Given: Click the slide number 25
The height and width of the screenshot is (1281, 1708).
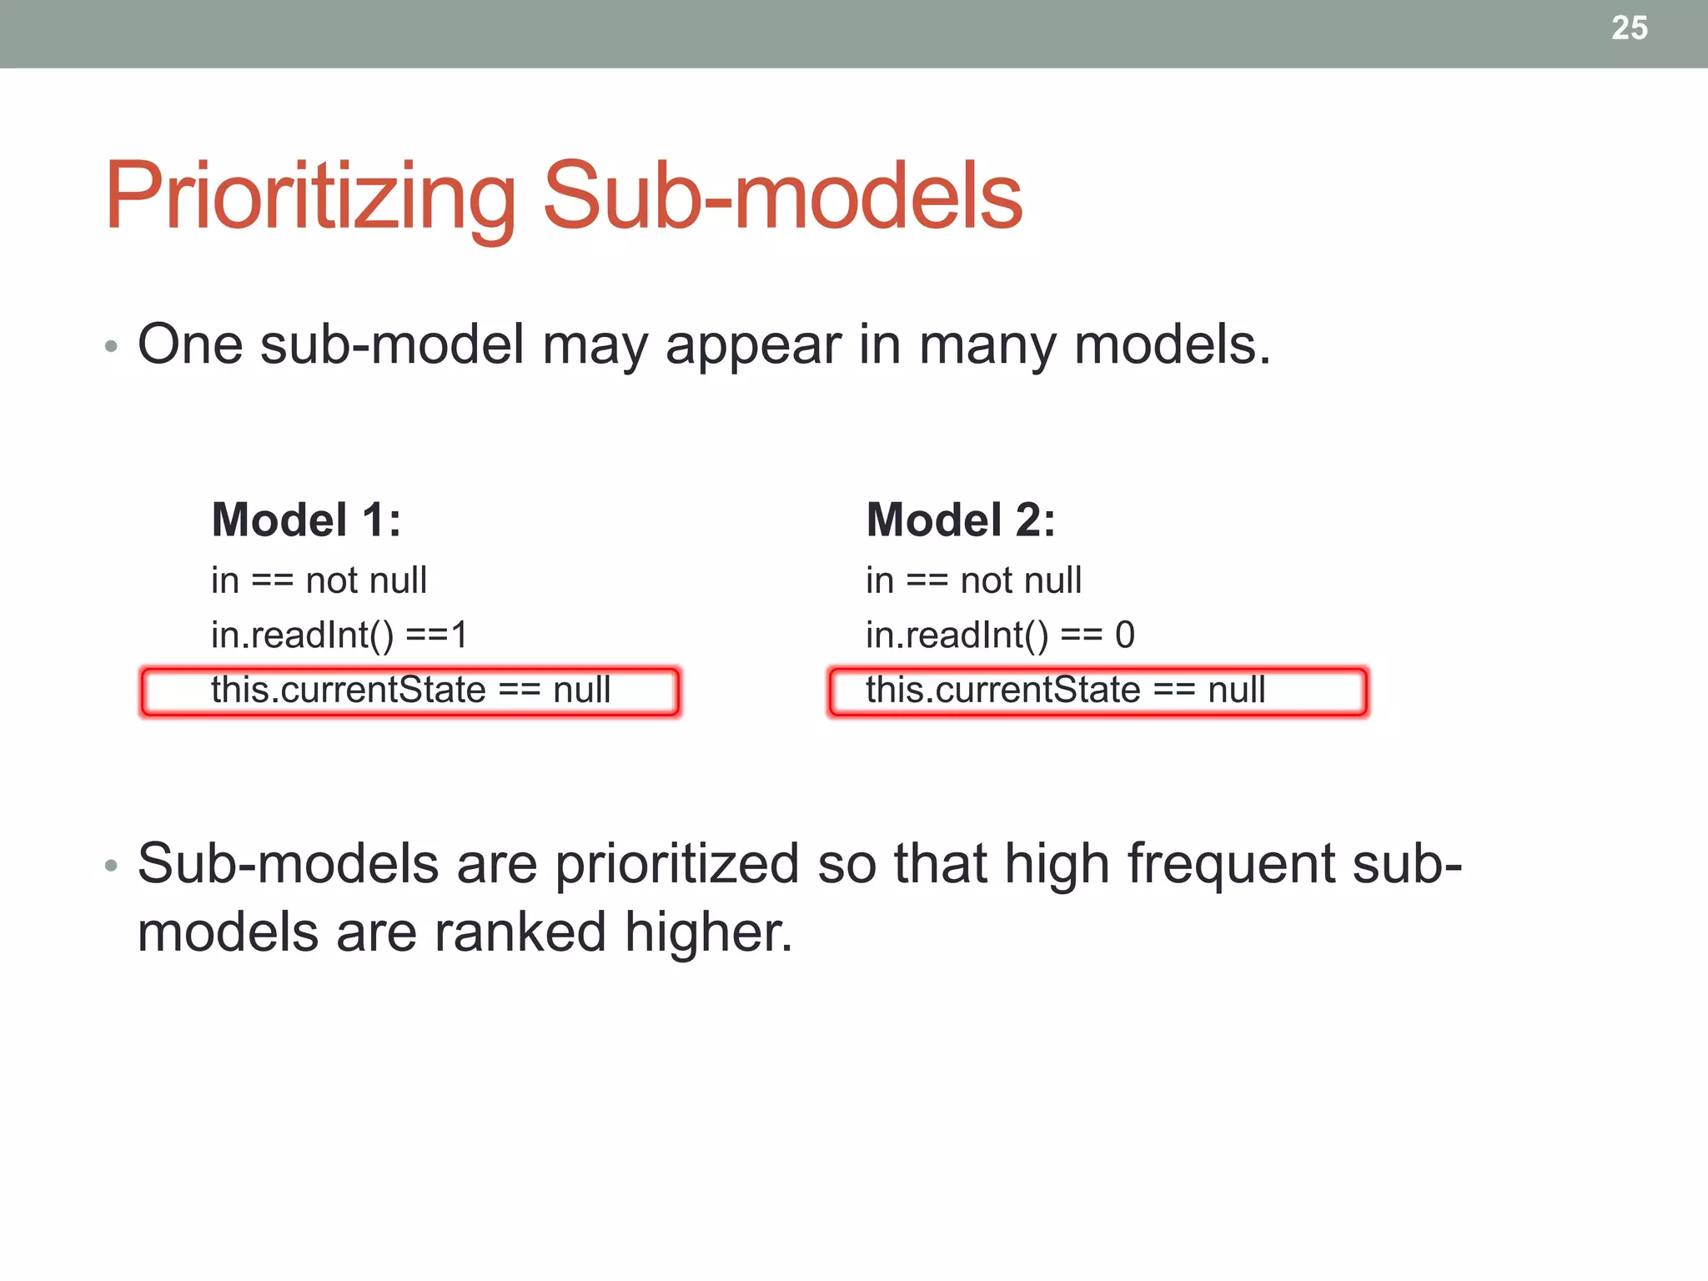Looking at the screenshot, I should pos(1629,28).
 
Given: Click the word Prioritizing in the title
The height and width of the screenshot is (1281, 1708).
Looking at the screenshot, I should pos(310,196).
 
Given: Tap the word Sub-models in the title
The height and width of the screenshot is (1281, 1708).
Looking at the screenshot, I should pos(782,196).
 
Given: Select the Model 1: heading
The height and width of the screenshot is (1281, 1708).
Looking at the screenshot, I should pos(306,520).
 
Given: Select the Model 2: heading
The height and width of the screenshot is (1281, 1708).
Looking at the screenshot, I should pos(961,520).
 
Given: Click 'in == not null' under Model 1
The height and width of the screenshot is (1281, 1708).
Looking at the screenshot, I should pos(319,580).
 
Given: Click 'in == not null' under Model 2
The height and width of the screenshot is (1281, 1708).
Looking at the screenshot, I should pos(973,580).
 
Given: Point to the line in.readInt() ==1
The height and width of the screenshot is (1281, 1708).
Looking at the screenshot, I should pos(339,635).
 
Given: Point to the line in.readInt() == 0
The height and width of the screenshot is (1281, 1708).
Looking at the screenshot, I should pos(999,635).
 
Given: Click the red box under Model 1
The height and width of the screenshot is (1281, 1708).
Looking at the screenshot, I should pos(409,691).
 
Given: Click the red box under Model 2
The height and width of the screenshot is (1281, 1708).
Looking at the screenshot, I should pos(1098,691).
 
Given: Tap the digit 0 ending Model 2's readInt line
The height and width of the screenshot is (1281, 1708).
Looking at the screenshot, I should pos(1124,635).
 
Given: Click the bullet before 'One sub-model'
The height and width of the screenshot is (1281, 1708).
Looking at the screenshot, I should pos(111,346).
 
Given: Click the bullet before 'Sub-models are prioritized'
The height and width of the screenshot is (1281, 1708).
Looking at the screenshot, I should pos(111,866).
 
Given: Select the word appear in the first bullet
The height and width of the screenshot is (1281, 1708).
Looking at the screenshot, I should pos(753,346).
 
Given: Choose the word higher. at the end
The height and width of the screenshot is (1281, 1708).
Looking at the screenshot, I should pos(708,932).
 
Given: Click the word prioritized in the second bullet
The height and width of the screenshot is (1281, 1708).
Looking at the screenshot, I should pos(676,864).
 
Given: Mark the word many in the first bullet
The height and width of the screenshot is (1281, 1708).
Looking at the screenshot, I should pos(987,346).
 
